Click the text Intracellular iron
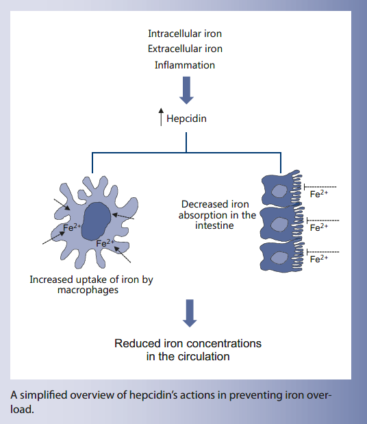pos(185,33)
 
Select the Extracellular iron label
pos(185,49)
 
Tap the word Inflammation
pos(185,65)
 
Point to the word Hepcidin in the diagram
pos(187,118)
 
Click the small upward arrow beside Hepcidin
pos(161,118)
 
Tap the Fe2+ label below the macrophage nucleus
pos(105,243)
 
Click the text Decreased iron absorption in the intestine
pos(218,214)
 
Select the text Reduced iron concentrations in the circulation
pos(187,349)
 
